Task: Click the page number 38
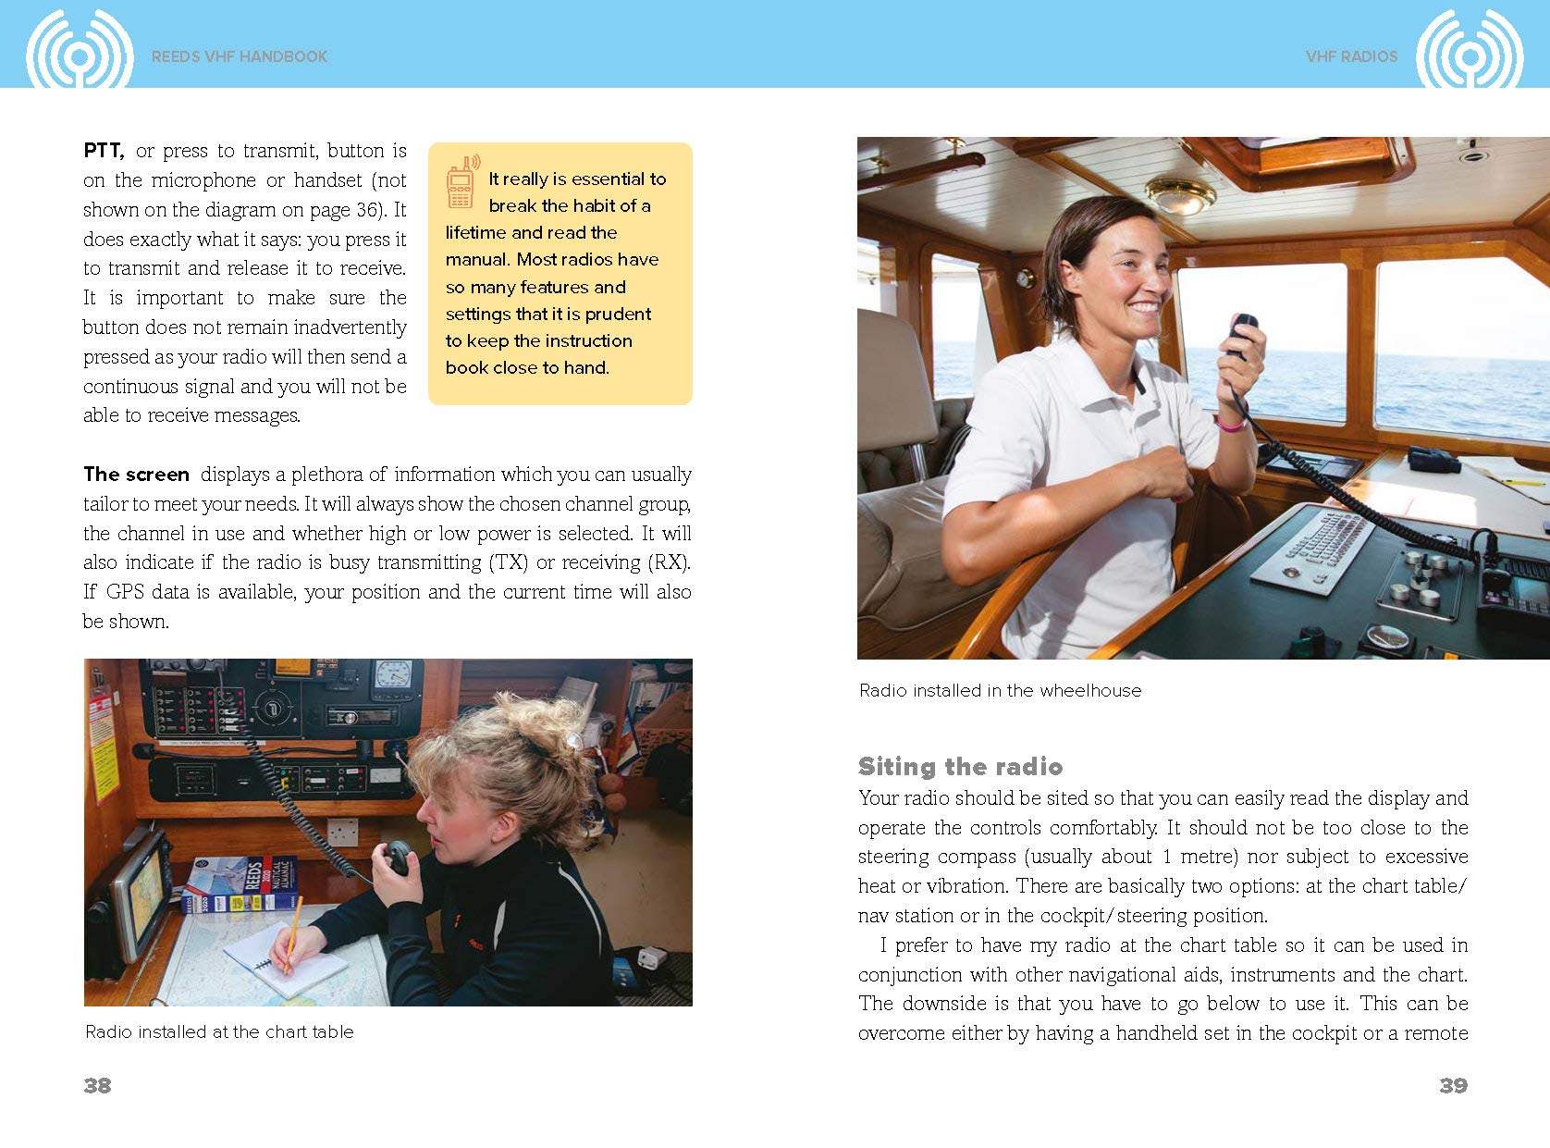click(x=97, y=1085)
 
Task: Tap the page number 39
click(x=1453, y=1085)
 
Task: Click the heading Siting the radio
click(x=960, y=766)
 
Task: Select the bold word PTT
click(x=104, y=151)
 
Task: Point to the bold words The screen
click(x=136, y=475)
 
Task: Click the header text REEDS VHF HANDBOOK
click(x=240, y=56)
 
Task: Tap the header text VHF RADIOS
click(x=1351, y=56)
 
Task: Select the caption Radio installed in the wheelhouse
click(x=1000, y=690)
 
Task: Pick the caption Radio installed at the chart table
click(x=219, y=1031)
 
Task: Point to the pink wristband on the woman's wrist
click(x=1231, y=425)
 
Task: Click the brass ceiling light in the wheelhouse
click(x=1180, y=195)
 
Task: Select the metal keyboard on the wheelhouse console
click(x=1313, y=549)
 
